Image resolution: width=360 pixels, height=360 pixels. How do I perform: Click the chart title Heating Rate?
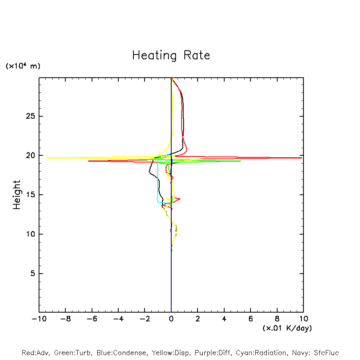171,55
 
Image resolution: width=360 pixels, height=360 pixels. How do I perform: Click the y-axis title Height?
16,195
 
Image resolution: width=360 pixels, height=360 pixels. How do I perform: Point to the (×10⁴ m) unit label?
23,66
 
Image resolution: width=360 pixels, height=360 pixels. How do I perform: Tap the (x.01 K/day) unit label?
287,328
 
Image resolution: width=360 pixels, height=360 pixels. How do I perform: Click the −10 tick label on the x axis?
38,319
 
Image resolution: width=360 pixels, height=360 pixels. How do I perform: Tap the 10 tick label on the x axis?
303,319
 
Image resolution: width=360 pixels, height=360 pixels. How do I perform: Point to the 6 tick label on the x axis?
250,319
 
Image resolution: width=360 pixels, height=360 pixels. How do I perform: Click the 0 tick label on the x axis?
171,319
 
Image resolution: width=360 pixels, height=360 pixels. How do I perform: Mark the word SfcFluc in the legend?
326,353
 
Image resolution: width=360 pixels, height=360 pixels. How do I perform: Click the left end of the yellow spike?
47,158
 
